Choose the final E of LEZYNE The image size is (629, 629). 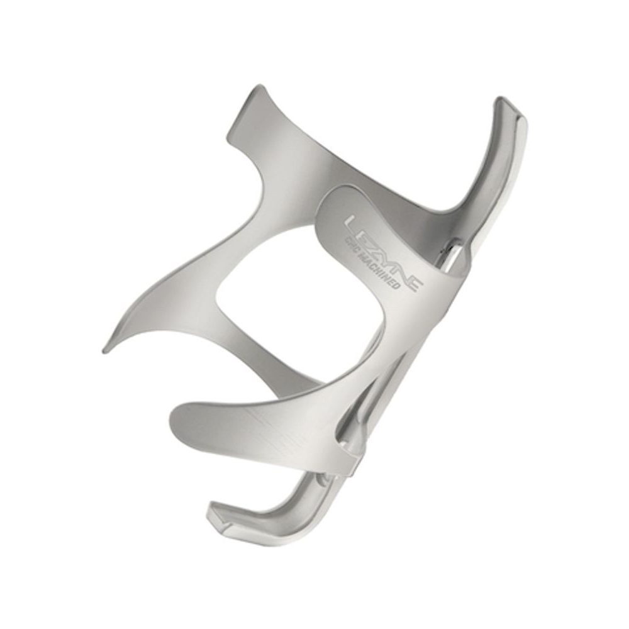pos(414,283)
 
